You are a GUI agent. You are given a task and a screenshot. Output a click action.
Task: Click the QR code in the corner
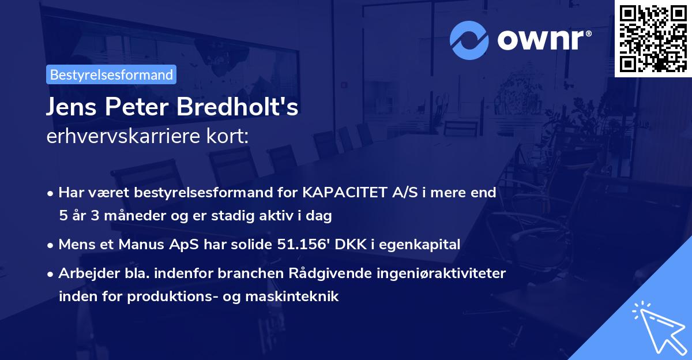pyautogui.click(x=653, y=38)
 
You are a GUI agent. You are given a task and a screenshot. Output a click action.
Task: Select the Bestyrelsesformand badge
pyautogui.click(x=111, y=74)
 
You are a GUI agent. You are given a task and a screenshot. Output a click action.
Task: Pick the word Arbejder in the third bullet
pyautogui.click(x=85, y=273)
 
